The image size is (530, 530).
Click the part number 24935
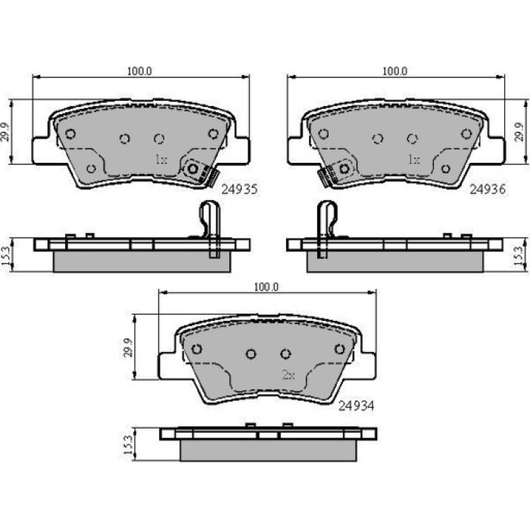tap(239, 189)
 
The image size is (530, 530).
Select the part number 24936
tap(488, 189)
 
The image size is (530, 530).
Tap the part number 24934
tap(357, 406)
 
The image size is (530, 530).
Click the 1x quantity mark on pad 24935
tap(161, 159)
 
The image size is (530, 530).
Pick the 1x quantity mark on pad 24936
tap(413, 159)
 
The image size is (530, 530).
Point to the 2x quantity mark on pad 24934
tap(288, 375)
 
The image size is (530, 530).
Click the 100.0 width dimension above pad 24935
tap(139, 71)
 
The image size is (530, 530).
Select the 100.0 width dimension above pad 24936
tap(394, 71)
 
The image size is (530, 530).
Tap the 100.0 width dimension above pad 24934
tap(267, 287)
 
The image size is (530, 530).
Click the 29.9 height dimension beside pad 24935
tap(6, 132)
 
